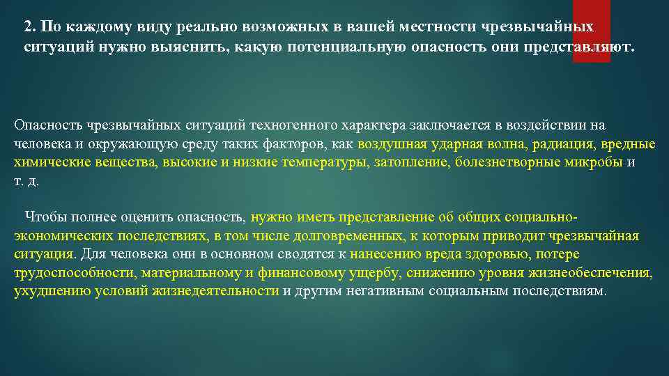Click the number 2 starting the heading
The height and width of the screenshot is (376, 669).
[27, 27]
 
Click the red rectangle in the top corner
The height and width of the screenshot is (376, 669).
[591, 31]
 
